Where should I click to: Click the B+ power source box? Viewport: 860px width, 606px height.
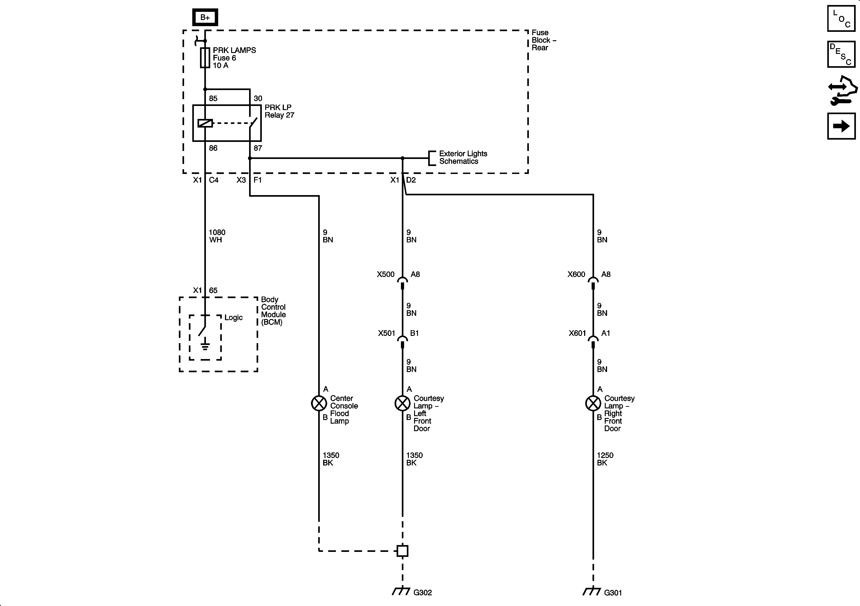pyautogui.click(x=205, y=17)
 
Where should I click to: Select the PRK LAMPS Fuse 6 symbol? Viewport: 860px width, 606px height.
pyautogui.click(x=205, y=58)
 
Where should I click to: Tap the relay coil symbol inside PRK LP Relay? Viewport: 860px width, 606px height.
pyautogui.click(x=205, y=123)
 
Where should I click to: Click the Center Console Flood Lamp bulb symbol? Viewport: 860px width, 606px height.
pyautogui.click(x=319, y=403)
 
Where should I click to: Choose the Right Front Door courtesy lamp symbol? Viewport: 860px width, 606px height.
pyautogui.click(x=593, y=403)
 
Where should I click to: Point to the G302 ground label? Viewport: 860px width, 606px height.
pyautogui.click(x=422, y=593)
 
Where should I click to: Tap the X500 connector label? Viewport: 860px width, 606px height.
pyautogui.click(x=385, y=274)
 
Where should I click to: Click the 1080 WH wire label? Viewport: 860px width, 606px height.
pyautogui.click(x=217, y=236)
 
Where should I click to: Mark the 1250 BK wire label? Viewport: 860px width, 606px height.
pyautogui.click(x=605, y=459)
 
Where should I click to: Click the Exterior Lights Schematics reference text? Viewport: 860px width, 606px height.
pyautogui.click(x=463, y=157)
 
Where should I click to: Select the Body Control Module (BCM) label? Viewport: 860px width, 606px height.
pyautogui.click(x=273, y=311)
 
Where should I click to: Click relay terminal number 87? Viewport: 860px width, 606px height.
pyautogui.click(x=258, y=148)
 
